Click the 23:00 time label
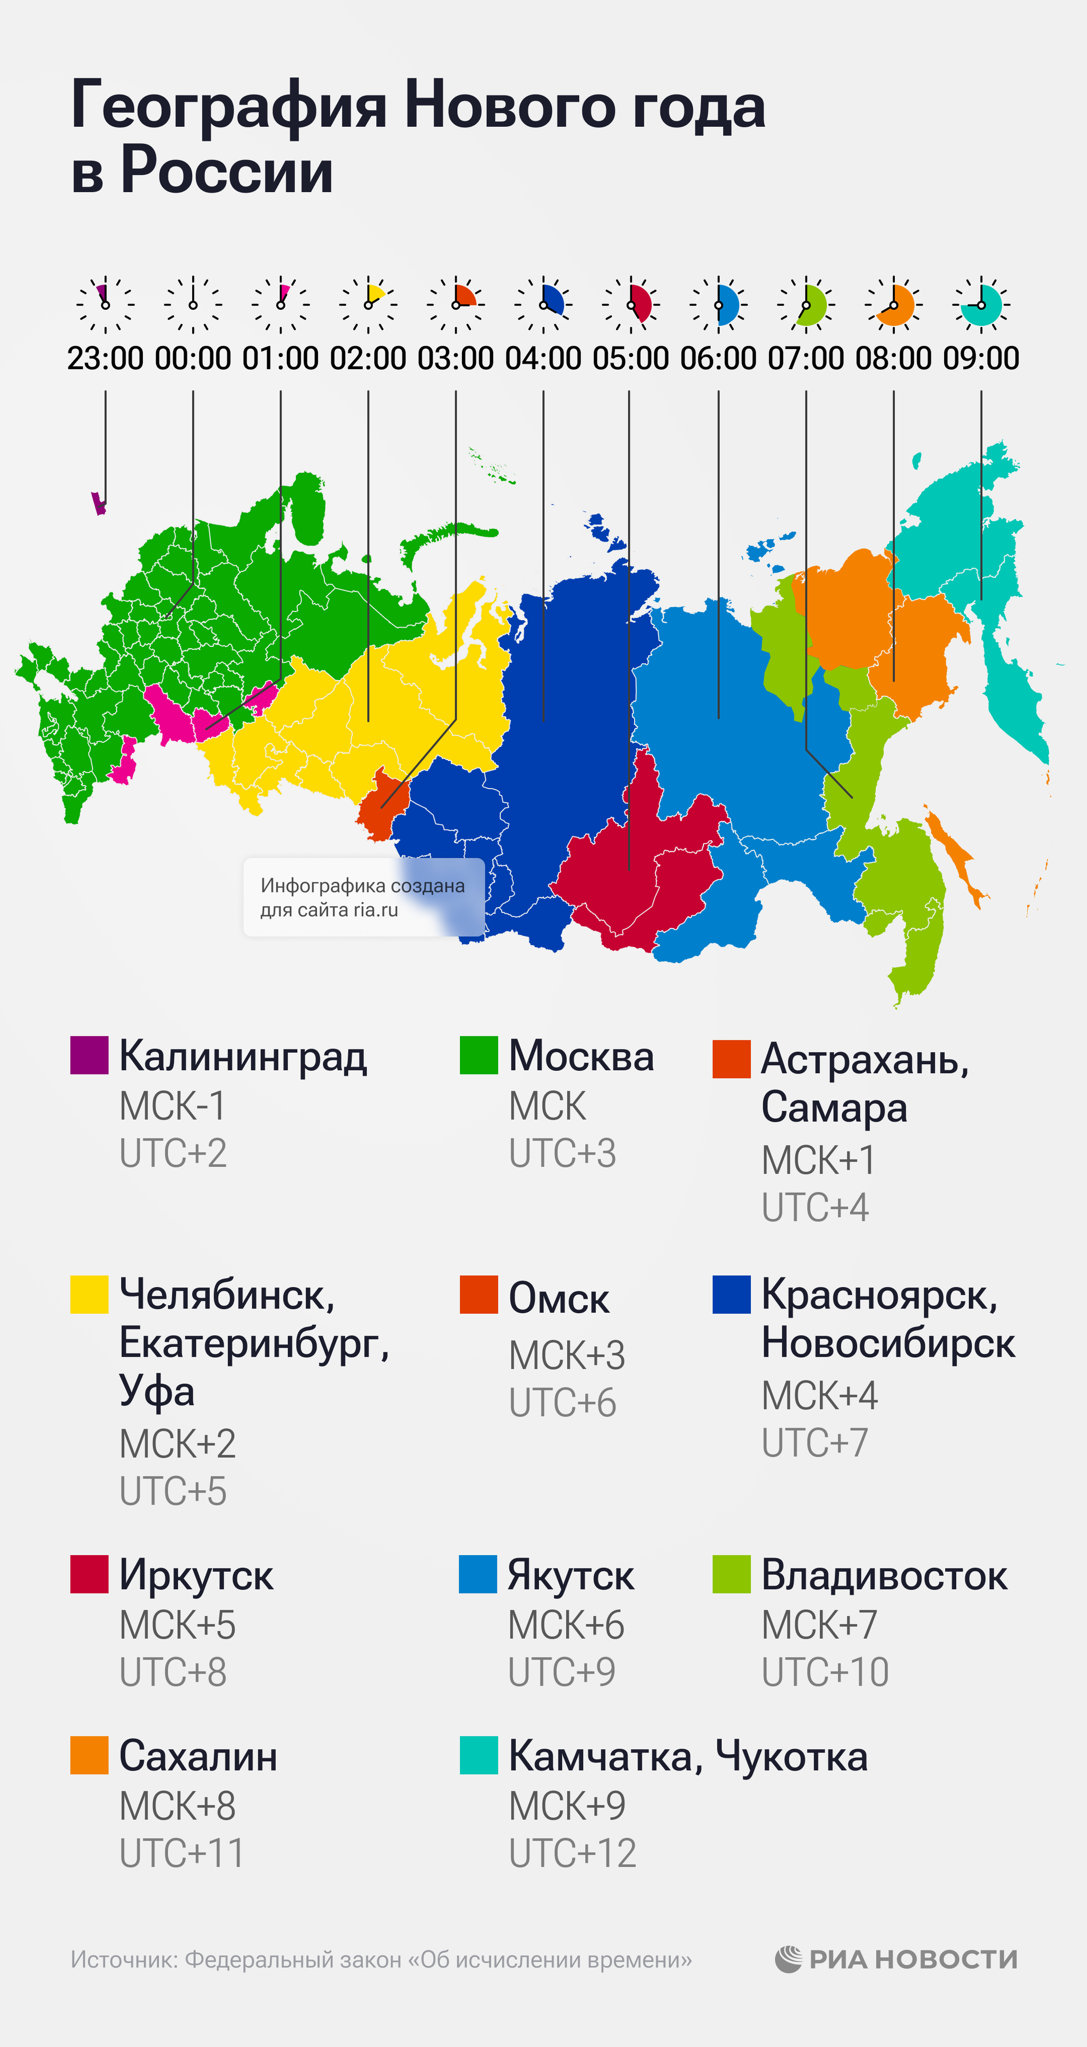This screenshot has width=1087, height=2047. (x=105, y=358)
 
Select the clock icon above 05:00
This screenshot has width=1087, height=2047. (x=630, y=305)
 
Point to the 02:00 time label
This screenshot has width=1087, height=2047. (x=367, y=358)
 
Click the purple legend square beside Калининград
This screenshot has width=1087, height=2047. (x=89, y=1055)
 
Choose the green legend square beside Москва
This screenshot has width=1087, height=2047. (x=478, y=1055)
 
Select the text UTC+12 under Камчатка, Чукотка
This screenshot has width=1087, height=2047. (x=572, y=1853)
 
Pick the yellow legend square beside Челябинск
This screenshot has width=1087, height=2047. (x=89, y=1295)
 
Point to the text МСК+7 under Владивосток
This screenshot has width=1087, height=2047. (x=819, y=1625)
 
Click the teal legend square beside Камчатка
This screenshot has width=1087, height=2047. (x=478, y=1755)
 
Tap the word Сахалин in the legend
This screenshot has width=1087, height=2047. (x=198, y=1756)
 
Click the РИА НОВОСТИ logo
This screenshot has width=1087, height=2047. (x=896, y=1959)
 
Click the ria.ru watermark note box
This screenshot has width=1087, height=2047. (x=363, y=897)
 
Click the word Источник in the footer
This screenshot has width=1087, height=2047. (x=123, y=1961)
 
